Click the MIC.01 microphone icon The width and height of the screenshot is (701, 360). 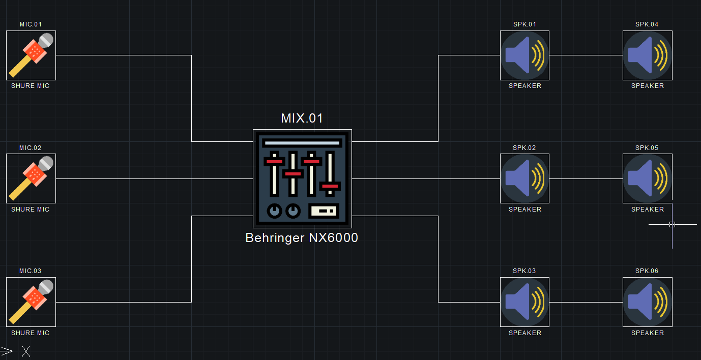[x=31, y=55]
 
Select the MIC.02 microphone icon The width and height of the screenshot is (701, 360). [x=31, y=178]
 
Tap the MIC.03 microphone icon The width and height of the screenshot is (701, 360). [x=31, y=302]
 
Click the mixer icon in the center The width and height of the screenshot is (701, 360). [x=302, y=178]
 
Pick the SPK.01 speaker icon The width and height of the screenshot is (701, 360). [x=524, y=55]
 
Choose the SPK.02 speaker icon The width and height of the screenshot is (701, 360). [x=524, y=178]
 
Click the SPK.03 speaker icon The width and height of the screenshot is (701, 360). [x=524, y=302]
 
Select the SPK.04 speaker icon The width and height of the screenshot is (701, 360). [x=647, y=55]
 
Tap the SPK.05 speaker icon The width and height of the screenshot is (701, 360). [x=647, y=178]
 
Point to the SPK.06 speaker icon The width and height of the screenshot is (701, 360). [x=647, y=302]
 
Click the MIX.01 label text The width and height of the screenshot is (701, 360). [x=302, y=118]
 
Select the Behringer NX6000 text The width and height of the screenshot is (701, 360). [x=302, y=238]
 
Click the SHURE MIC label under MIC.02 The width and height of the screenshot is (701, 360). [x=31, y=209]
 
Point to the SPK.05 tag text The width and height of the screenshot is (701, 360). [x=647, y=148]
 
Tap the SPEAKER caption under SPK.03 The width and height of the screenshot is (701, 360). [x=525, y=333]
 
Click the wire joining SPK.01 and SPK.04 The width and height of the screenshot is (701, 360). [x=586, y=55]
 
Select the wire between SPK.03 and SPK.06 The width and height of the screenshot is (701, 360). [x=586, y=302]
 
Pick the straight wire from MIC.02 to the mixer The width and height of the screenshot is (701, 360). [x=153, y=178]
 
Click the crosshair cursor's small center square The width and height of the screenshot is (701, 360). [x=672, y=224]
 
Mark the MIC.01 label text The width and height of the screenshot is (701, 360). [x=31, y=24]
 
